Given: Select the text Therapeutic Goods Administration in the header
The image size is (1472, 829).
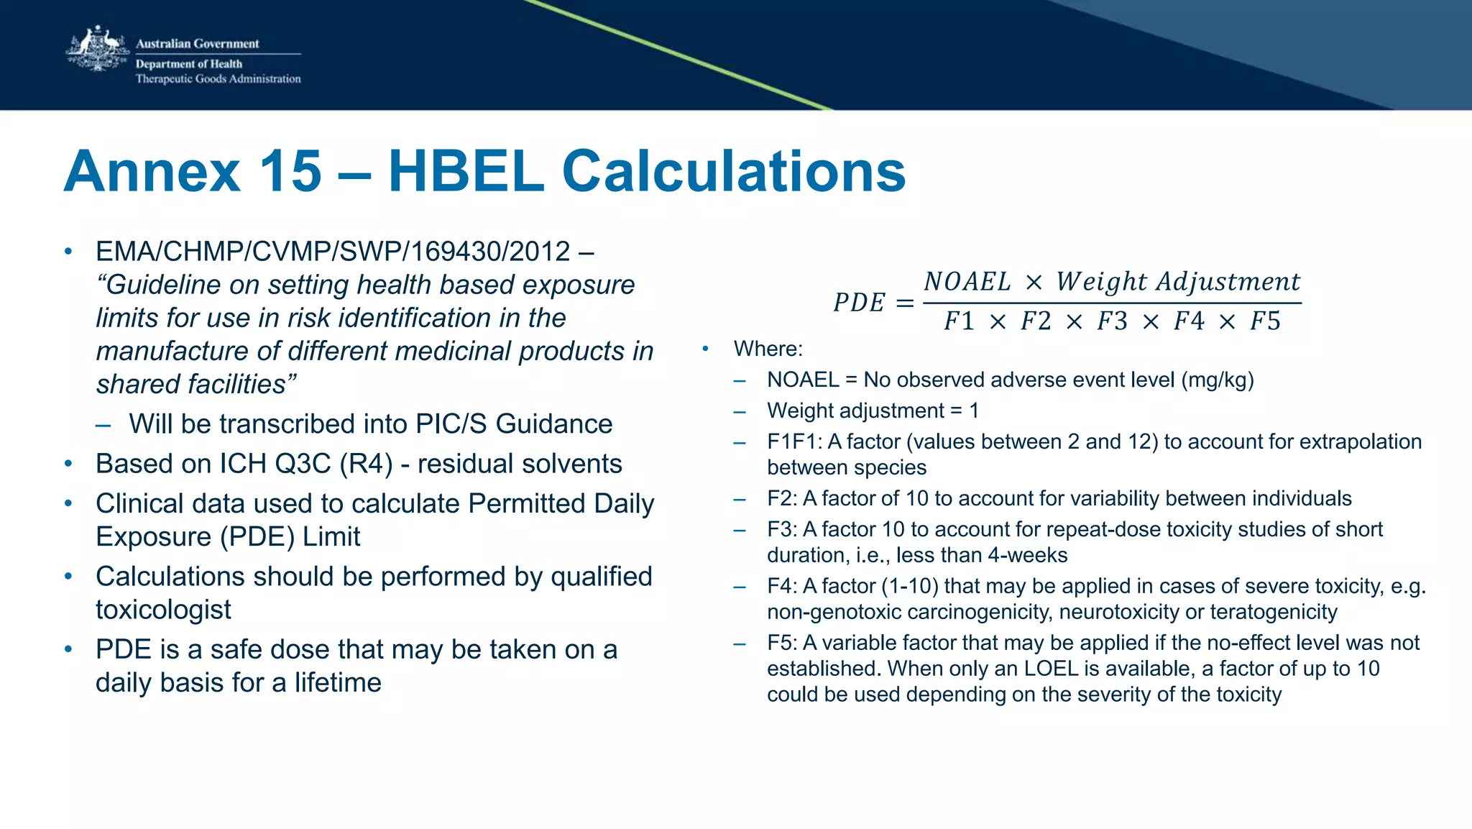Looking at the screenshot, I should tap(218, 79).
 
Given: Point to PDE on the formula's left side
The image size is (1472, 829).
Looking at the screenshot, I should tap(859, 303).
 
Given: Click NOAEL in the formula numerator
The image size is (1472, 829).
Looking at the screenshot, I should tap(967, 282).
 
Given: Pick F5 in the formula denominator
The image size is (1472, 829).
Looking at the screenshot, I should tap(1265, 321).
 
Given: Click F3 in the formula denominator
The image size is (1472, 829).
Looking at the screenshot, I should tap(1112, 321).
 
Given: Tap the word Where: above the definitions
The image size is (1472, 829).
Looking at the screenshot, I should tap(768, 349).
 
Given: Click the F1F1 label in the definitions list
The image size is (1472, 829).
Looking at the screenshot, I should tap(794, 441).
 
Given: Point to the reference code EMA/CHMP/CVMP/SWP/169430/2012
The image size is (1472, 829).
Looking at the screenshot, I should tap(333, 252).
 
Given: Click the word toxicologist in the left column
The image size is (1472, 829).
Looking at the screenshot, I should tap(163, 610).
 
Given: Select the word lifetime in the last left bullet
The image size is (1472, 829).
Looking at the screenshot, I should tap(338, 682).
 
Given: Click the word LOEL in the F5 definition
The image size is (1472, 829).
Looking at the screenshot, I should tap(1051, 669).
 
